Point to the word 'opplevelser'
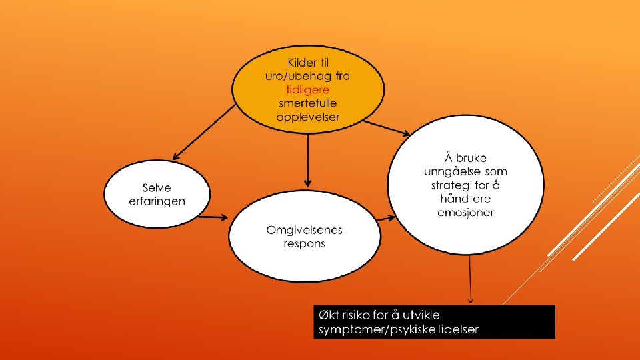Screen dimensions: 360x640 pyautogui.click(x=308, y=117)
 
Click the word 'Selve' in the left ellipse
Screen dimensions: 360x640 pyautogui.click(x=157, y=188)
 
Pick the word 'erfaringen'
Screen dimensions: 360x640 pyautogui.click(x=157, y=201)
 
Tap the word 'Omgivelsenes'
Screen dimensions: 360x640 pyautogui.click(x=305, y=230)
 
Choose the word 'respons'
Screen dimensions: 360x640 pyautogui.click(x=305, y=244)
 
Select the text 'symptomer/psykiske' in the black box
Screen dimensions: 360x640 pyautogui.click(x=375, y=329)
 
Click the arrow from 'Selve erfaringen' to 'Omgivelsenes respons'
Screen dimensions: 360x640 pyautogui.click(x=216, y=216)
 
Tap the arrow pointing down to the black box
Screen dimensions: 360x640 pyautogui.click(x=471, y=280)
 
